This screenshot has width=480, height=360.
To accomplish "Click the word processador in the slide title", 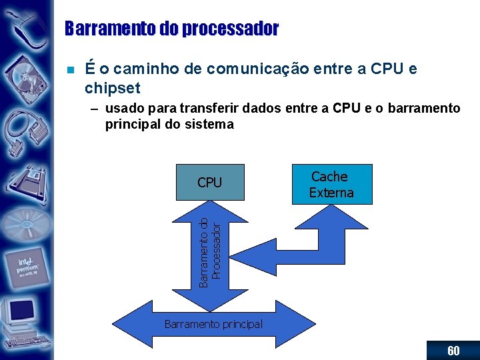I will (x=215, y=29).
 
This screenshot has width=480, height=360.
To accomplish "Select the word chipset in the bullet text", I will (x=113, y=88).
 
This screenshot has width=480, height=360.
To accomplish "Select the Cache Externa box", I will (x=331, y=185).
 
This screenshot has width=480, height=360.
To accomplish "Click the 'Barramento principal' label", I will (x=213, y=325).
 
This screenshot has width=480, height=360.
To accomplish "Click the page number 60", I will (x=453, y=351).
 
